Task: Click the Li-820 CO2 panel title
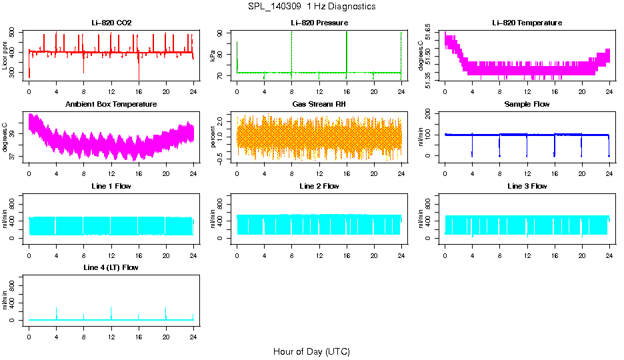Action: [111, 23]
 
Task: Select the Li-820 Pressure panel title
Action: [319, 23]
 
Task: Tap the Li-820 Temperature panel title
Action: [527, 23]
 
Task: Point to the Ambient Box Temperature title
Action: [111, 105]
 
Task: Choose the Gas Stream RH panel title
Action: [319, 105]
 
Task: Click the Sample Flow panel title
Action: [527, 105]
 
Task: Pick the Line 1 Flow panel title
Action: [111, 186]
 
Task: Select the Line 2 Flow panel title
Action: [319, 186]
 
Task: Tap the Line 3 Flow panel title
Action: [527, 186]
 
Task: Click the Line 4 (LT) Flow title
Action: [111, 267]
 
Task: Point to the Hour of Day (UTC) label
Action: [311, 351]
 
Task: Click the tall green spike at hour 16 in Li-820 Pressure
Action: [347, 50]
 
